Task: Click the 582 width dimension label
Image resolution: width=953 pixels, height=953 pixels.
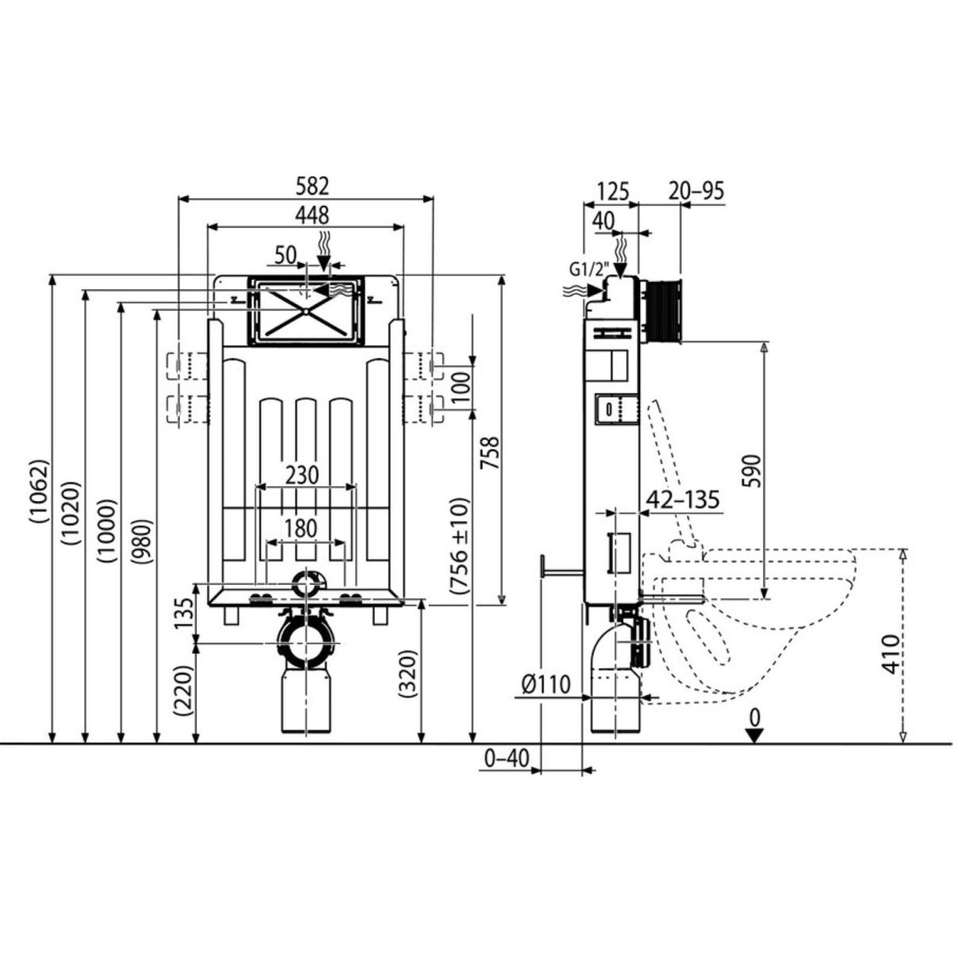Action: [312, 187]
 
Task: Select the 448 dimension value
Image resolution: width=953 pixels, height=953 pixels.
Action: [311, 215]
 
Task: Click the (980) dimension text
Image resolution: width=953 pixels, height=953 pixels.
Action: [140, 541]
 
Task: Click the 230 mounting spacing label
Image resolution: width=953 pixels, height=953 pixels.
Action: [302, 475]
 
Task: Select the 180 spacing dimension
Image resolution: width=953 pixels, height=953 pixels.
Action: [301, 529]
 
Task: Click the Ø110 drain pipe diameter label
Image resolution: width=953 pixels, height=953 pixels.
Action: [546, 685]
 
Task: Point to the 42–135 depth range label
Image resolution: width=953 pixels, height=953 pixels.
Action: [683, 500]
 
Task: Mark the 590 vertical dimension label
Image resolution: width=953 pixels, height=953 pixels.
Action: [752, 470]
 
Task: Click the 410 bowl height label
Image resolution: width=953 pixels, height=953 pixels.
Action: [891, 654]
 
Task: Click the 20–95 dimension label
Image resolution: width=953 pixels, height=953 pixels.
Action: [697, 191]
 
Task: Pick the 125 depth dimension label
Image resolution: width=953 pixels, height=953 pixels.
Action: [612, 191]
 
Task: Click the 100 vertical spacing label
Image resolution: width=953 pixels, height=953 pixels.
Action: [461, 388]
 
